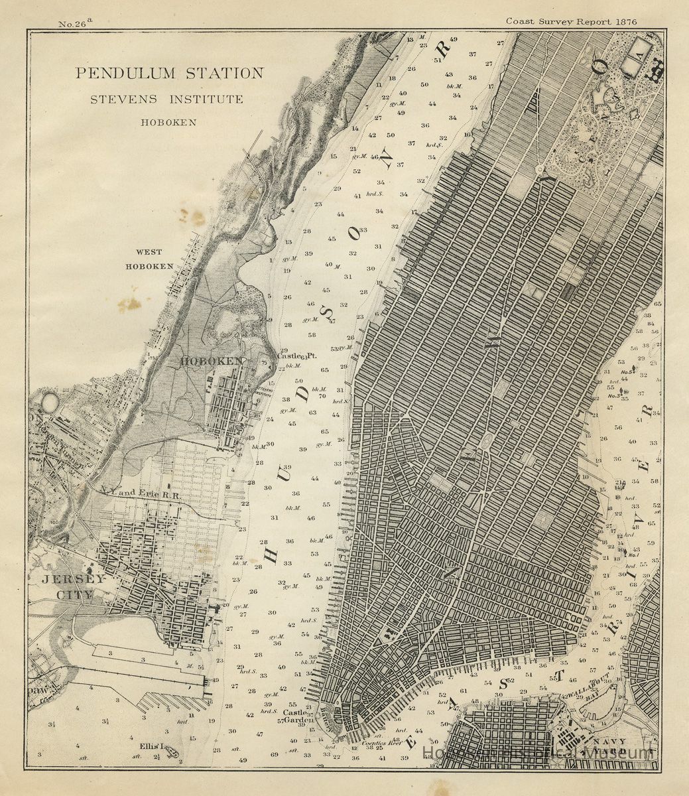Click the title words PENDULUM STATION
point(169,73)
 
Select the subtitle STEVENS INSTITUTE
point(167,99)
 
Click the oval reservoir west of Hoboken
point(50,401)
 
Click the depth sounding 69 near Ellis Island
point(275,755)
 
